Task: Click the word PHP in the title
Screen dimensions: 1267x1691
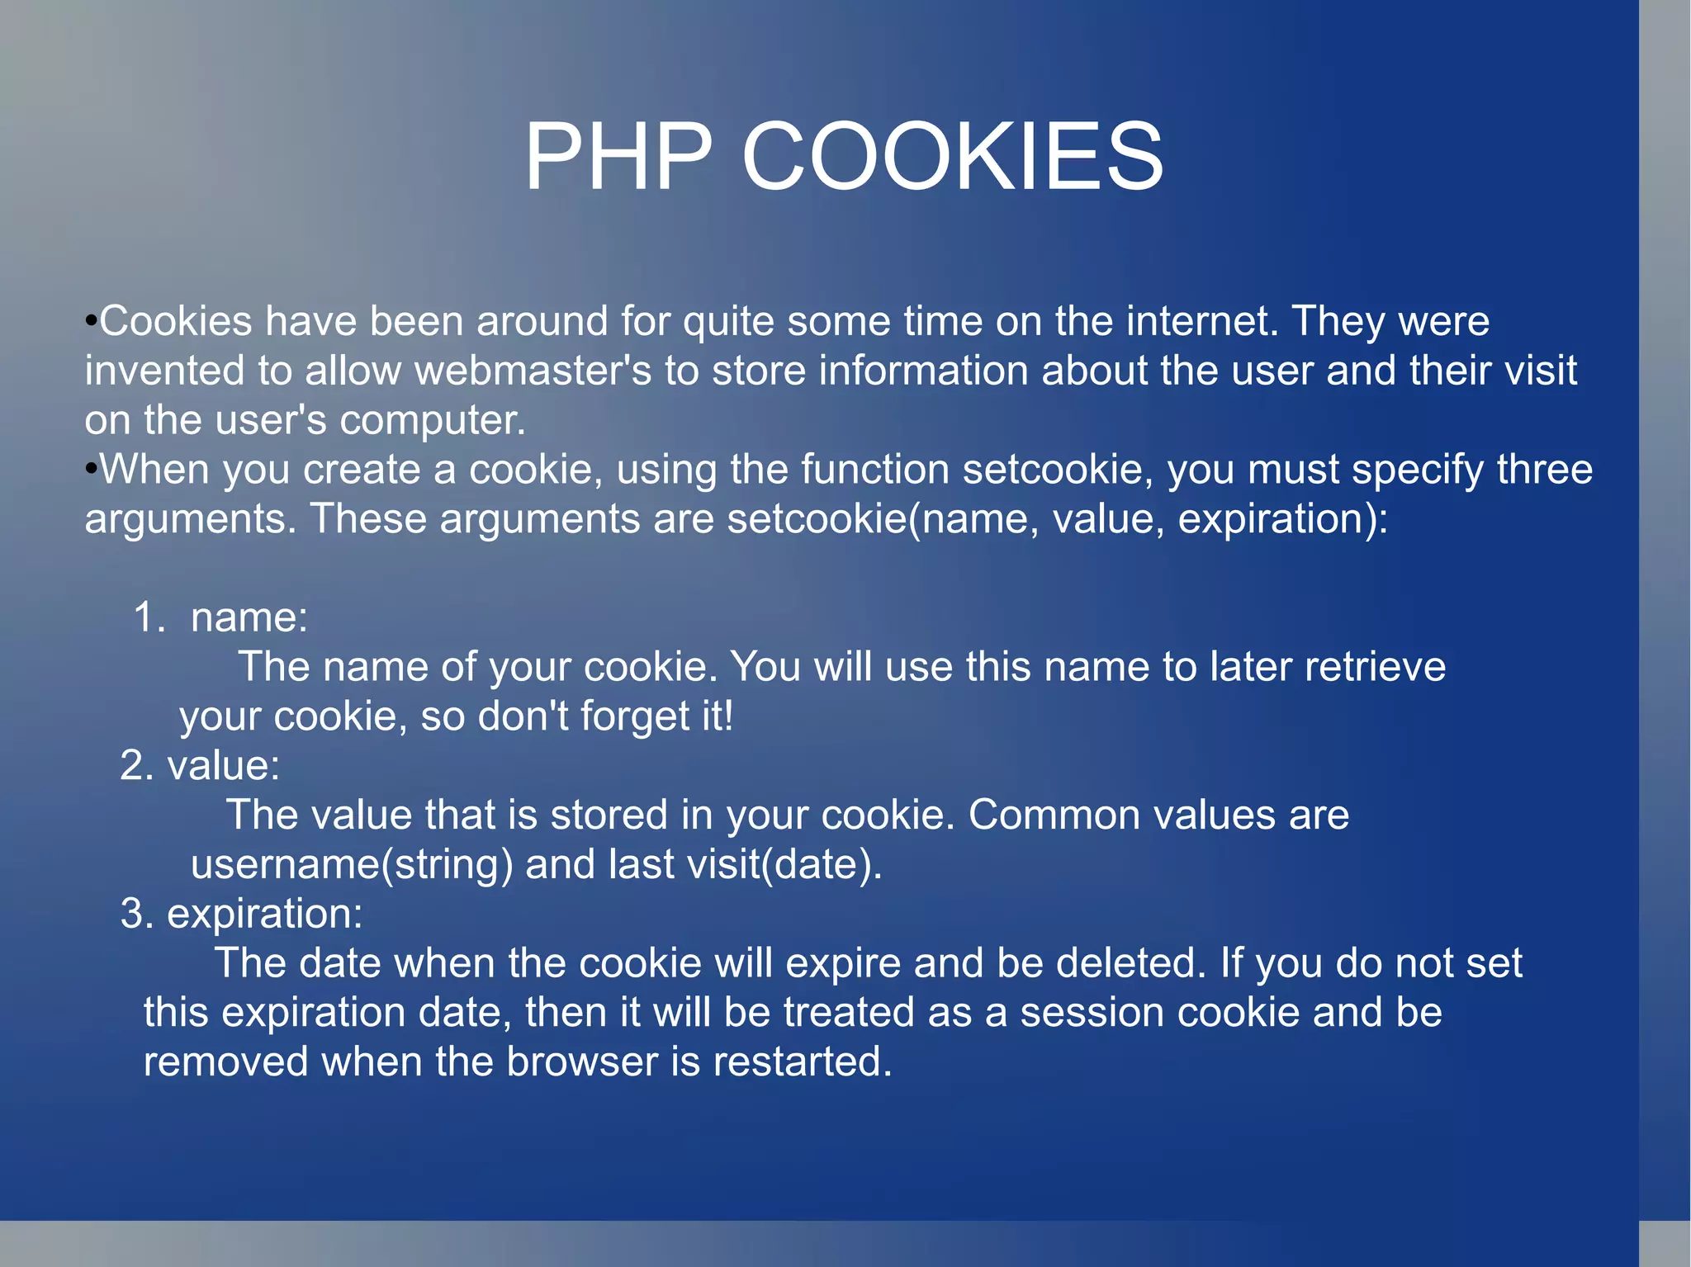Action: [x=618, y=156]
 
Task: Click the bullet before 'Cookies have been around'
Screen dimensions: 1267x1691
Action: [x=92, y=320]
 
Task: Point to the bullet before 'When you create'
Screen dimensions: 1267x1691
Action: [x=92, y=469]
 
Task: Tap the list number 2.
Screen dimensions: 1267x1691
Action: [x=136, y=765]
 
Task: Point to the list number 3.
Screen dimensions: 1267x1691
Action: [x=136, y=914]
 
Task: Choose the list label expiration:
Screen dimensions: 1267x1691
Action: [x=264, y=914]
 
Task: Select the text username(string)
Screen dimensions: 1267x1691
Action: [x=352, y=864]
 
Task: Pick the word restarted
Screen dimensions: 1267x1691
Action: [x=803, y=1061]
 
